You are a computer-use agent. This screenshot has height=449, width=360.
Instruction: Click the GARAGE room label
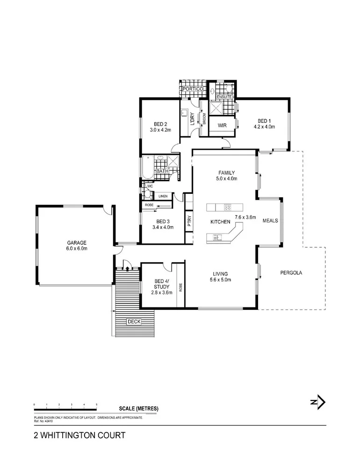pos(77,243)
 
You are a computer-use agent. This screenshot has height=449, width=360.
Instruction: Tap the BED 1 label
pos(262,120)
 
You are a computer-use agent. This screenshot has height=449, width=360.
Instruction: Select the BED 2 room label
pos(160,124)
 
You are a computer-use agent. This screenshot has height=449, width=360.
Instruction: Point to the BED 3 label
pos(162,221)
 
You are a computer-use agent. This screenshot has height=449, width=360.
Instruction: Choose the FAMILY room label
pos(227,172)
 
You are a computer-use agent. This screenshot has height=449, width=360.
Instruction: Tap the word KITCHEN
pos(220,222)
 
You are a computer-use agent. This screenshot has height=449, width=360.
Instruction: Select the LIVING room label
pos(220,274)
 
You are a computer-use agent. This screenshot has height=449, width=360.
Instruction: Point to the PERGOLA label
pos(291,272)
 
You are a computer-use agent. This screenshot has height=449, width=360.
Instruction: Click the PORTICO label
pos(191,88)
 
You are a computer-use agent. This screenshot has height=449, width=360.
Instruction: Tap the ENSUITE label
pos(224,97)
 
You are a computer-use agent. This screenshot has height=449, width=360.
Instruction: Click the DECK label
pos(133,321)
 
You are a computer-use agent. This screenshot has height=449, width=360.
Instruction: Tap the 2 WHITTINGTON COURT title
pos(79,435)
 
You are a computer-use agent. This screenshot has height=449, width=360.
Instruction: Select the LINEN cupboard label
pos(163,196)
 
